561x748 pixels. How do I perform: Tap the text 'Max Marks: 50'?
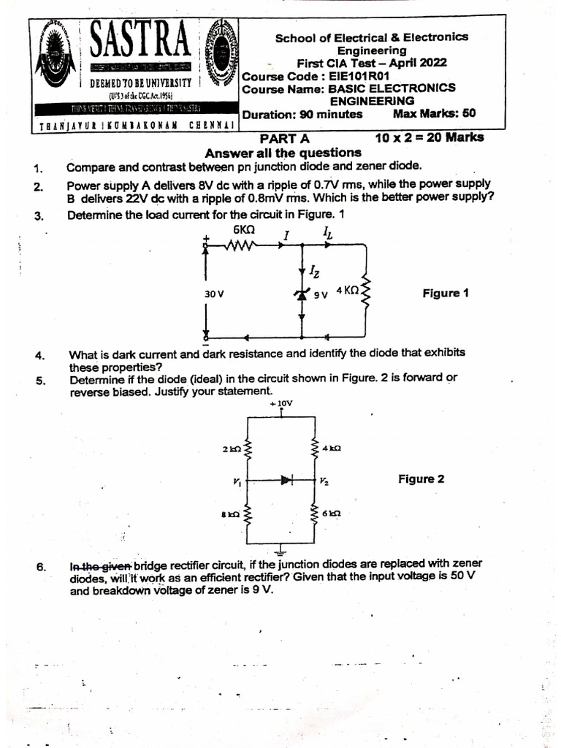434,114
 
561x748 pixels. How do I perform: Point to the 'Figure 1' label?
446,293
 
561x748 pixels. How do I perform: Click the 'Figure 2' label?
421,479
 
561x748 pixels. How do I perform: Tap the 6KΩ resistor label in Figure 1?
244,229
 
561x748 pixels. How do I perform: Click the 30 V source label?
214,294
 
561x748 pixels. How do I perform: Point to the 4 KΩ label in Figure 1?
348,290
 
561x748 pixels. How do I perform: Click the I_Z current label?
314,272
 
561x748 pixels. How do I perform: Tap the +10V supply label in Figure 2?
281,402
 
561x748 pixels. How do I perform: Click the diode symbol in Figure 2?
286,481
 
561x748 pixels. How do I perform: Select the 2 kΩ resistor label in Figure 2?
232,448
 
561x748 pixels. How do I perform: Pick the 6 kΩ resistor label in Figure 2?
331,514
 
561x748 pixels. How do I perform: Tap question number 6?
42,567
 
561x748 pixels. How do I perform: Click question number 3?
39,215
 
